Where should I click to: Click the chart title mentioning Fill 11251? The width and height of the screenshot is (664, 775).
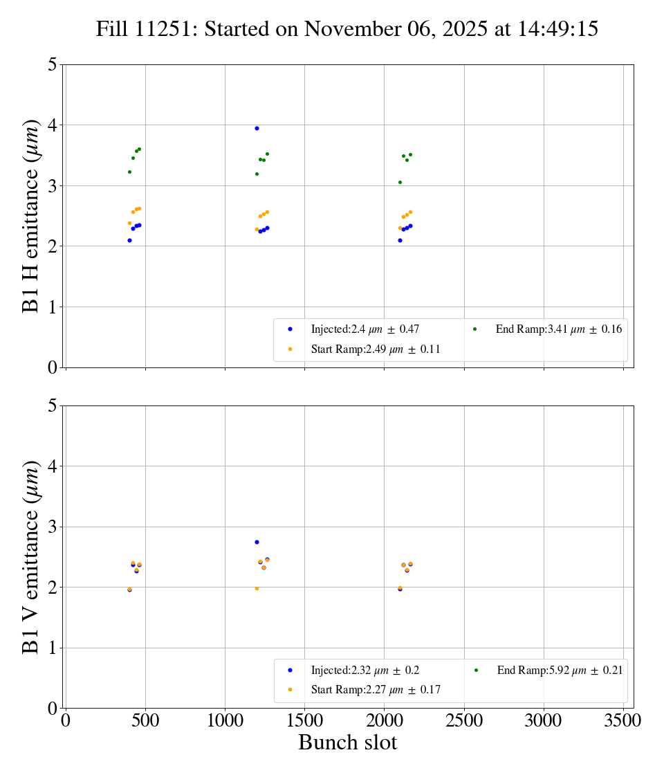click(347, 29)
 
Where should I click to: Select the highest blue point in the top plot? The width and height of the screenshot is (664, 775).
click(257, 128)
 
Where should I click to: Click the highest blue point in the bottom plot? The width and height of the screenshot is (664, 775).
click(257, 542)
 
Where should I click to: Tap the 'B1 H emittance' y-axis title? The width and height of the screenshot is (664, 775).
click(30, 216)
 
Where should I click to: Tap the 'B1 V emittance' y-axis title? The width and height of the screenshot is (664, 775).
click(30, 557)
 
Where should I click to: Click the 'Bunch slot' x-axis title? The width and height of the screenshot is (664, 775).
click(347, 742)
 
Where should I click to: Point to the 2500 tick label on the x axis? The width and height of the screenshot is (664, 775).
click(464, 720)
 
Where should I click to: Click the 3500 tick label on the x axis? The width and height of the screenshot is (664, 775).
click(623, 720)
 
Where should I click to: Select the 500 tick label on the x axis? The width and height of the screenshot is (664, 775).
click(145, 720)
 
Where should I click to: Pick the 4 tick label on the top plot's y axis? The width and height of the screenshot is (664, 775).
click(53, 125)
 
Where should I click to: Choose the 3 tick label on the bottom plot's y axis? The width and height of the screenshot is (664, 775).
click(53, 527)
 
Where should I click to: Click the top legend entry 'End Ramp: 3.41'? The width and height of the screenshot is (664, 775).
click(558, 329)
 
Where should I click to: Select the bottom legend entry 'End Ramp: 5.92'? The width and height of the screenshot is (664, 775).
click(560, 670)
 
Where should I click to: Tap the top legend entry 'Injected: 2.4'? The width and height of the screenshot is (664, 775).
click(365, 329)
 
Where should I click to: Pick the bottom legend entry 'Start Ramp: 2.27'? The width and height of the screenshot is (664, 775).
click(376, 689)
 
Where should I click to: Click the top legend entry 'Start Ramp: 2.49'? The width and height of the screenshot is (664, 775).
click(376, 349)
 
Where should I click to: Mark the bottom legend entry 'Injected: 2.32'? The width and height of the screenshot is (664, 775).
click(365, 670)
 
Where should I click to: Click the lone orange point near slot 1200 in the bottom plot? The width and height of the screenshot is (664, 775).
click(257, 588)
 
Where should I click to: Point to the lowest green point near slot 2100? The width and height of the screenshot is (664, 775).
click(400, 182)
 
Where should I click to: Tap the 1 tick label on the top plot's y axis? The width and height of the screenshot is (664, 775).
click(53, 307)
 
